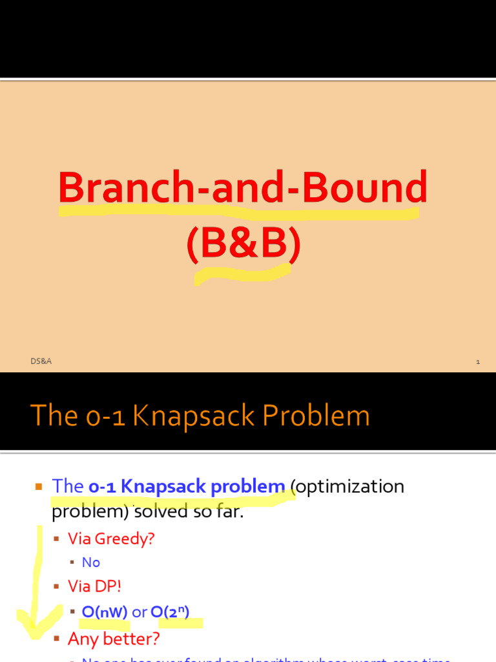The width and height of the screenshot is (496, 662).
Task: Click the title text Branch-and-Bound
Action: click(x=243, y=187)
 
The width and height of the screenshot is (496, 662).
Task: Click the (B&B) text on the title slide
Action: click(x=243, y=244)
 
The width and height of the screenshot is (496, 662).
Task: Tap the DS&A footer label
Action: click(x=40, y=361)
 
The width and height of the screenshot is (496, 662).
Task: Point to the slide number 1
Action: click(x=477, y=361)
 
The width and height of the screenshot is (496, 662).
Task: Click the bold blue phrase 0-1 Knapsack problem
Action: click(x=187, y=486)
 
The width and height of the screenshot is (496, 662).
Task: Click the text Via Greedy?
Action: click(x=111, y=538)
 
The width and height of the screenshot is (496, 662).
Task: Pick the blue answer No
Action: click(x=91, y=562)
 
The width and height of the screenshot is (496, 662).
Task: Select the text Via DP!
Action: click(x=94, y=586)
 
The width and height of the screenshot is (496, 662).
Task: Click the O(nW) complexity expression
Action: click(x=105, y=612)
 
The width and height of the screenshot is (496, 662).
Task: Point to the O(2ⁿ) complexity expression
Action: click(x=170, y=612)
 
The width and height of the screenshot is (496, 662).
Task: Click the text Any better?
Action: click(x=114, y=639)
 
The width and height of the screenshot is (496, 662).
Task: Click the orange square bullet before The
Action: click(x=38, y=486)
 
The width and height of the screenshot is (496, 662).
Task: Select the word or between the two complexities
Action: click(x=139, y=612)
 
